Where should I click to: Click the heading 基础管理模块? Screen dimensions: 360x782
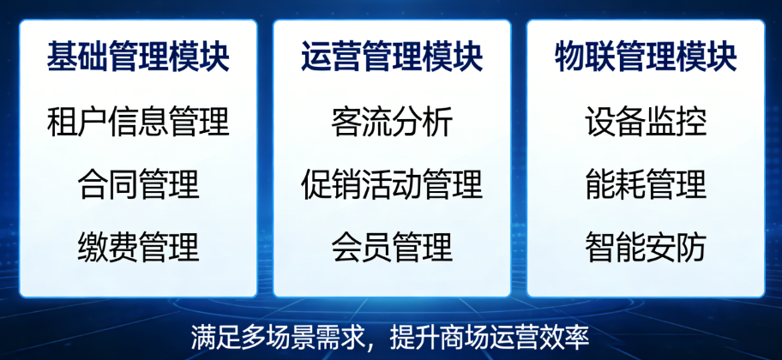click(138, 58)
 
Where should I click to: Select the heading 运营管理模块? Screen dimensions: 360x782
click(392, 58)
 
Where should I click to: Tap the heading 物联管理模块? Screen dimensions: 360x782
click(646, 58)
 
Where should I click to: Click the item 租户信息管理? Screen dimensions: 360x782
click(138, 122)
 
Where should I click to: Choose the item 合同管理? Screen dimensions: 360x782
click(138, 184)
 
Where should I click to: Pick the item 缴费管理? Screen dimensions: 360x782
click(138, 247)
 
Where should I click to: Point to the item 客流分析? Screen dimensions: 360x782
click(392, 122)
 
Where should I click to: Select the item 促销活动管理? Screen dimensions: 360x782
click(392, 184)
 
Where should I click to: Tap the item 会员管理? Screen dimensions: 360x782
click(392, 247)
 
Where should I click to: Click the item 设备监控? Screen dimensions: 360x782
click(646, 122)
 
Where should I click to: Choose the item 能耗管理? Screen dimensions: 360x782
click(646, 184)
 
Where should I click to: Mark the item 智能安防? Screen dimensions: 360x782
click(646, 247)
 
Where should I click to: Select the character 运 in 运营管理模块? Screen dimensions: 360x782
click(316, 58)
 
